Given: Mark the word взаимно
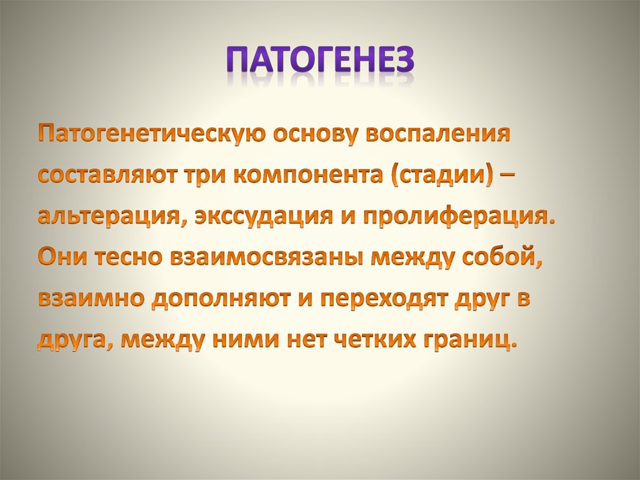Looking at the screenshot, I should pyautogui.click(x=89, y=300).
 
